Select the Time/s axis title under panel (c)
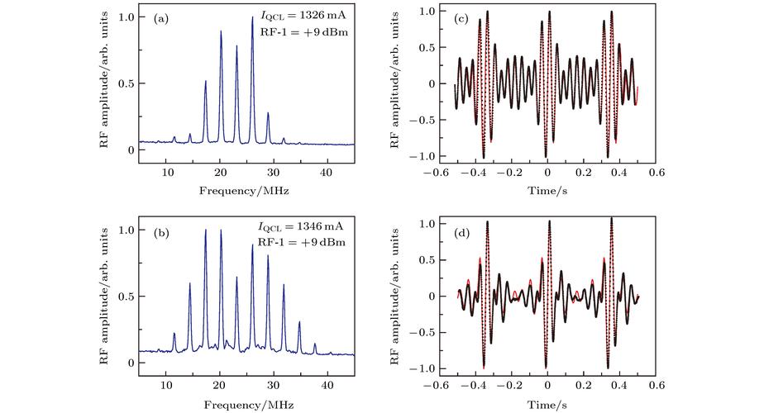pyautogui.click(x=547, y=191)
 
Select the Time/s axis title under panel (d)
pyautogui.click(x=547, y=404)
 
